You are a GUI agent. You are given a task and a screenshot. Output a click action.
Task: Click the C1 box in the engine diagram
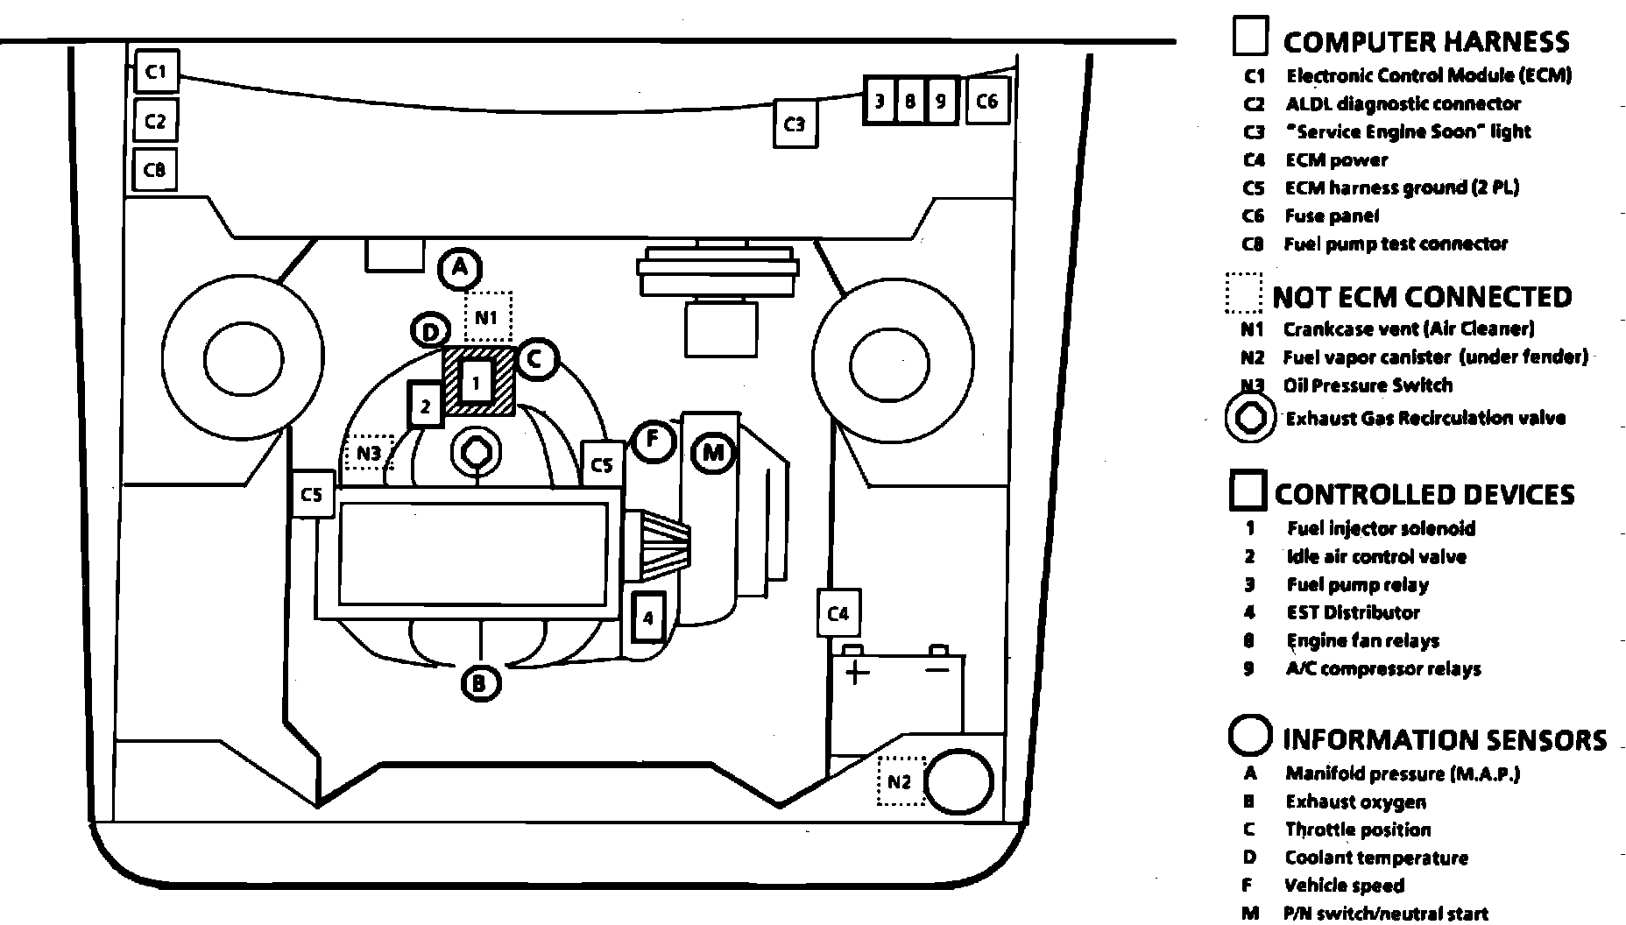(x=157, y=71)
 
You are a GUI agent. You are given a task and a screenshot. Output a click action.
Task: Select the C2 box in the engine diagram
(x=155, y=120)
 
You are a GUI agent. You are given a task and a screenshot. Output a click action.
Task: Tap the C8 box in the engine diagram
(x=154, y=169)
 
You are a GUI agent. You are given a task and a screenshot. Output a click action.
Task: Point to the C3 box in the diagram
(x=795, y=124)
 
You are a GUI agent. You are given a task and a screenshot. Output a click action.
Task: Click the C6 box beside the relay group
(x=986, y=102)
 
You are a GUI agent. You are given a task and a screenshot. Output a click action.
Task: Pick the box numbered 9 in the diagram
(x=940, y=102)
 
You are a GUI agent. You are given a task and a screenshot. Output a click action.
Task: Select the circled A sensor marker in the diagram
(x=460, y=269)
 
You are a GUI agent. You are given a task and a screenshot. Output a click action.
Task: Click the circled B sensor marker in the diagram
(x=480, y=682)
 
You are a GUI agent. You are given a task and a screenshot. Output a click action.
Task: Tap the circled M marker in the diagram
(x=713, y=453)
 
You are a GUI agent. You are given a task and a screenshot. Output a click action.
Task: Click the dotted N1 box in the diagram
(x=487, y=316)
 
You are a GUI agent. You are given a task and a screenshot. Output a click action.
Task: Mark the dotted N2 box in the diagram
(x=901, y=781)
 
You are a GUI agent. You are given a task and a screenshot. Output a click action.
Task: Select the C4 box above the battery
(x=838, y=613)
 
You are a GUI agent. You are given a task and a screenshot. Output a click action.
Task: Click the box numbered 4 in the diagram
(x=648, y=618)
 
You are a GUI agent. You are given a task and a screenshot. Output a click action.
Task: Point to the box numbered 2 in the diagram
(x=426, y=406)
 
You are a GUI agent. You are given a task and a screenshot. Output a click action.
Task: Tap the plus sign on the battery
(x=856, y=672)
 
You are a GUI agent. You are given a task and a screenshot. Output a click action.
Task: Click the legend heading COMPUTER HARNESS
(x=1425, y=42)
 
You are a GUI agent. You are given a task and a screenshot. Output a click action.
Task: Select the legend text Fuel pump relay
(x=1357, y=585)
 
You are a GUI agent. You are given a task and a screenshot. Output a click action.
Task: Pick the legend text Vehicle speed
(x=1344, y=886)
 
